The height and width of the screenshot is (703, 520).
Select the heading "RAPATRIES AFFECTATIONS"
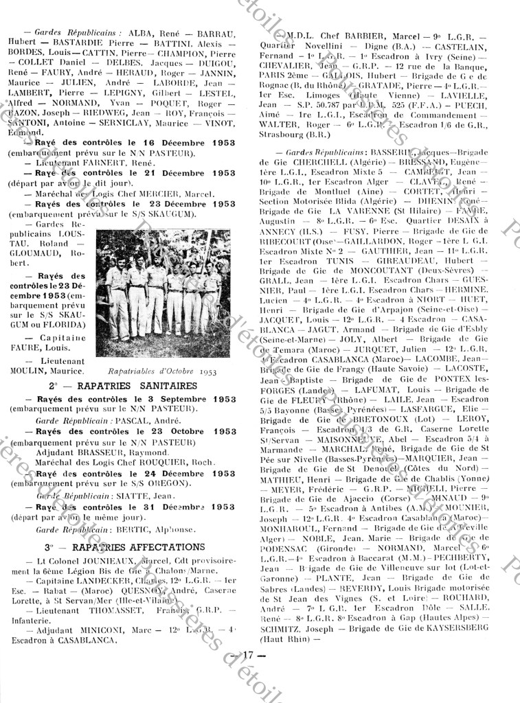click(x=143, y=546)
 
